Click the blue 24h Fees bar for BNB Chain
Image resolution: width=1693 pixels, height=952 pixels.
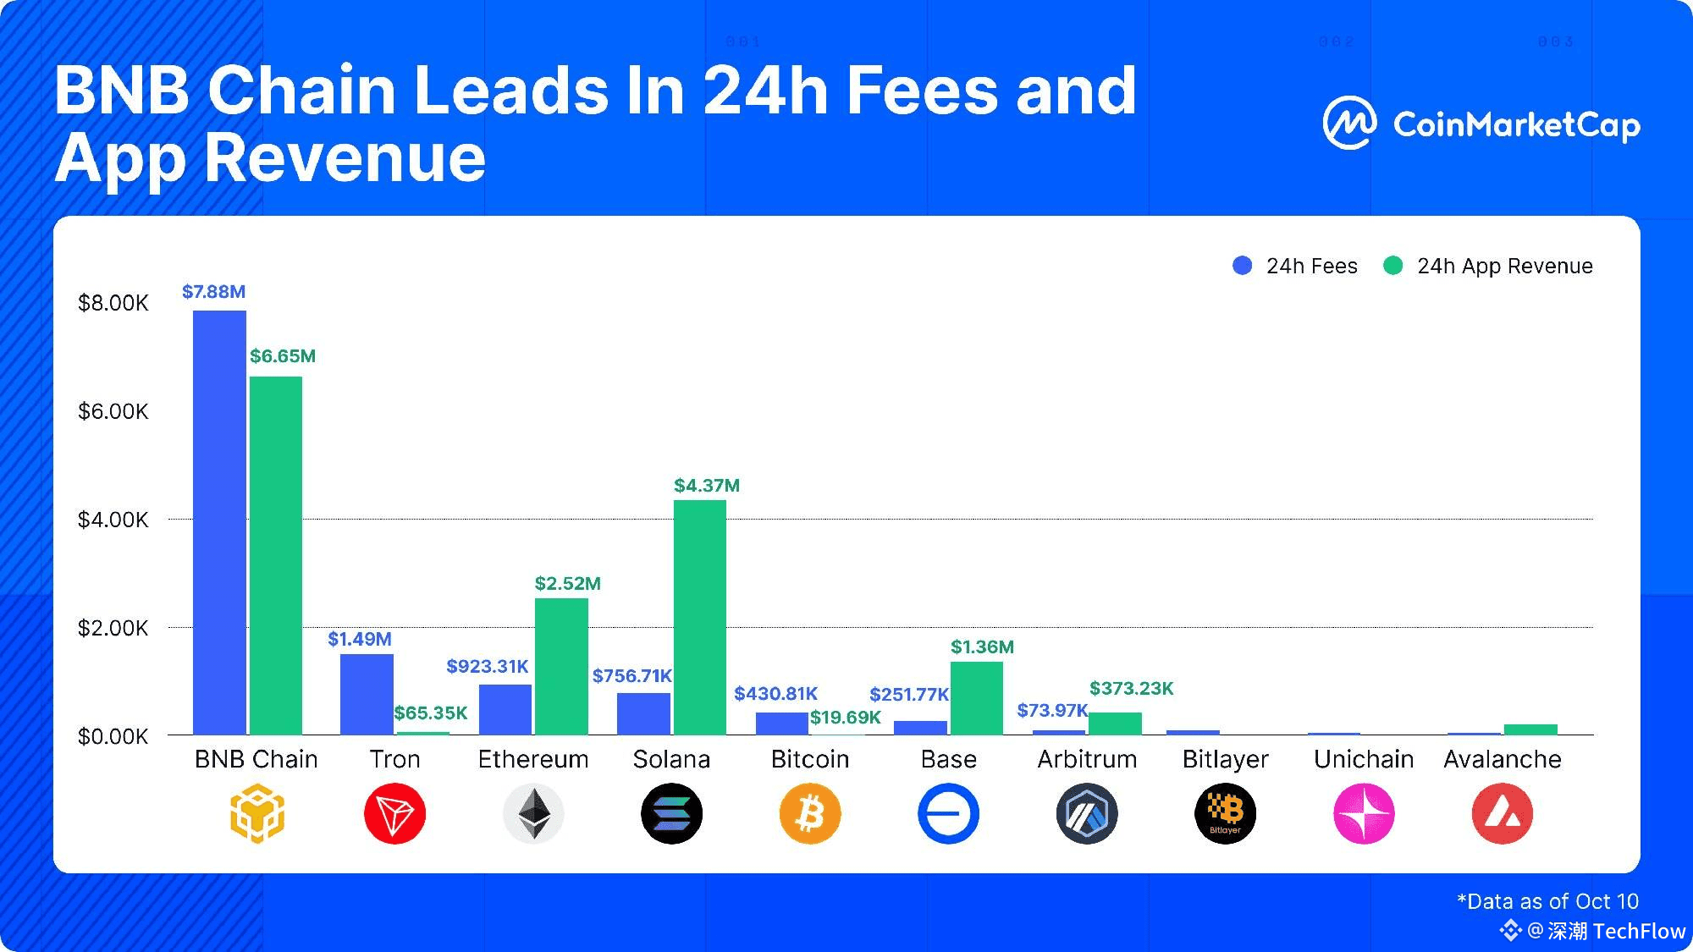point(219,522)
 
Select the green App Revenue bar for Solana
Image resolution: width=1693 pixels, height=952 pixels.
point(699,617)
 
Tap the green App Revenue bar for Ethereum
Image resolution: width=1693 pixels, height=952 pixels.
point(561,666)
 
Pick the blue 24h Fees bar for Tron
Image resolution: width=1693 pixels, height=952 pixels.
point(367,694)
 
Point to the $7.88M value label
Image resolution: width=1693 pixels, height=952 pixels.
point(213,292)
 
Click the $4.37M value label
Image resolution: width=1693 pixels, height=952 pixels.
point(706,486)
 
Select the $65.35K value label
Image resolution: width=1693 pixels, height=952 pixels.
point(430,713)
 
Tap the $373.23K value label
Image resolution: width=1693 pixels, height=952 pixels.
point(1131,689)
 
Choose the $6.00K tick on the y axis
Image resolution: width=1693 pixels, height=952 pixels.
point(113,412)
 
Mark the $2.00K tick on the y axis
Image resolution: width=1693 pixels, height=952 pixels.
point(113,629)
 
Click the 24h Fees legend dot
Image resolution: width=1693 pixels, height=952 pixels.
point(1242,266)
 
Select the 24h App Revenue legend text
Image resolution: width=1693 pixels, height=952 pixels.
point(1504,267)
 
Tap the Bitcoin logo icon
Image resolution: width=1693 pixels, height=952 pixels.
point(810,814)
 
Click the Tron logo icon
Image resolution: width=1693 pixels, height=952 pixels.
point(394,814)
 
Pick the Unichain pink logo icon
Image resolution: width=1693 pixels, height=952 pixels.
point(1364,814)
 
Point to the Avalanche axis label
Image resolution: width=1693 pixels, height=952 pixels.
point(1502,760)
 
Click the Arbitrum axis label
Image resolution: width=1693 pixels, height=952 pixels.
point(1087,760)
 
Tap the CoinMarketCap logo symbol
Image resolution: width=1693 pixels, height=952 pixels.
point(1349,124)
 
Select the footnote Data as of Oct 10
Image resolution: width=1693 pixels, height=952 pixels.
point(1547,901)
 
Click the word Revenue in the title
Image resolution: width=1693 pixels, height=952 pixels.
point(345,158)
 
